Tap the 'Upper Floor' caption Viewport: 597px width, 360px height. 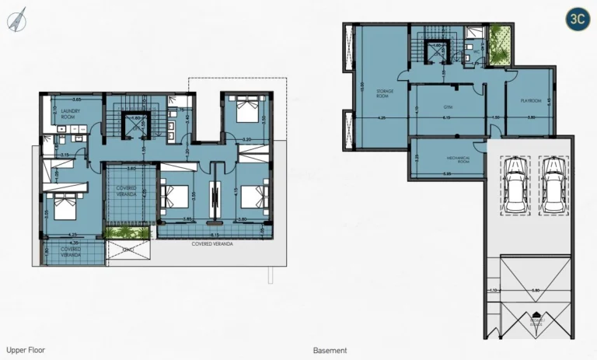pos(26,351)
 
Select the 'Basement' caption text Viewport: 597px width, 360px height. pos(330,351)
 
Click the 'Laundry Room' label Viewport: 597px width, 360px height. pos(61,114)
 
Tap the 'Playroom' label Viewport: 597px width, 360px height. pos(530,100)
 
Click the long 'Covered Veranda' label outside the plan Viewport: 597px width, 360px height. pos(212,243)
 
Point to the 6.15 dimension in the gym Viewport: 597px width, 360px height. pos(446,117)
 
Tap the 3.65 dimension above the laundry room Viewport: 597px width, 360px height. pos(76,100)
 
